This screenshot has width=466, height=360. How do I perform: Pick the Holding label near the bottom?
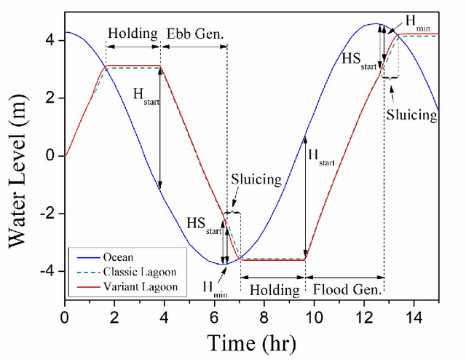[x=273, y=289]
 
